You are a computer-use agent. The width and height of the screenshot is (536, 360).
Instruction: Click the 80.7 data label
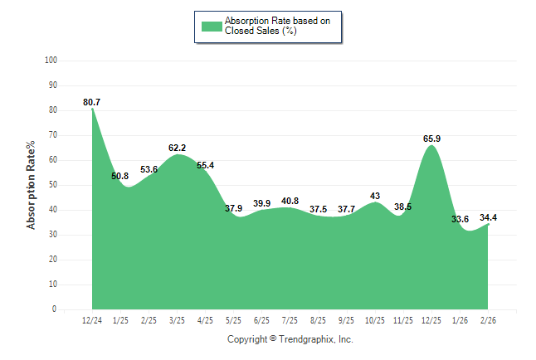92,102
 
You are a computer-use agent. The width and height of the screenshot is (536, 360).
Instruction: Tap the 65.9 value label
431,139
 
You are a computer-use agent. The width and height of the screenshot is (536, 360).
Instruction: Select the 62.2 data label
177,148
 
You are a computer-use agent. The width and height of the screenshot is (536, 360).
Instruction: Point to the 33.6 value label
460,219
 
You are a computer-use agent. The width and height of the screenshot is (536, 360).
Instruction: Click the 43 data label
375,196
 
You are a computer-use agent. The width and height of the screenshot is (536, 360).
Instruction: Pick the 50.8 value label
119,176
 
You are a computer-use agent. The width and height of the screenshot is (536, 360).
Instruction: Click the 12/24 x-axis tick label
92,320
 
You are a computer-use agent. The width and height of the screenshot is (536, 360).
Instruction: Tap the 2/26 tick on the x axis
488,320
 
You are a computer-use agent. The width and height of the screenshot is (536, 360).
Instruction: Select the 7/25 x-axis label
290,320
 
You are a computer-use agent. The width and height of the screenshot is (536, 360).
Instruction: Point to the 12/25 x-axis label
431,320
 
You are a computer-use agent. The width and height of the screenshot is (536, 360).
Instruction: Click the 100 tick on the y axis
51,61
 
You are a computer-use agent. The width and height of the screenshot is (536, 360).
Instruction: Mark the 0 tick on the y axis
55,309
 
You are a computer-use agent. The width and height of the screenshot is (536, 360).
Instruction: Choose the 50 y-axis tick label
53,185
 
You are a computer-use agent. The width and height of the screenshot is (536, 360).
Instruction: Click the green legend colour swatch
211,26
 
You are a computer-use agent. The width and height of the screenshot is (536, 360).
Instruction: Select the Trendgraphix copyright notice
290,339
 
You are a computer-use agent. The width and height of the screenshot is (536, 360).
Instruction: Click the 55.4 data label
205,165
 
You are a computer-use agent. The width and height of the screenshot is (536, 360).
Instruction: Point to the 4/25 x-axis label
205,320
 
